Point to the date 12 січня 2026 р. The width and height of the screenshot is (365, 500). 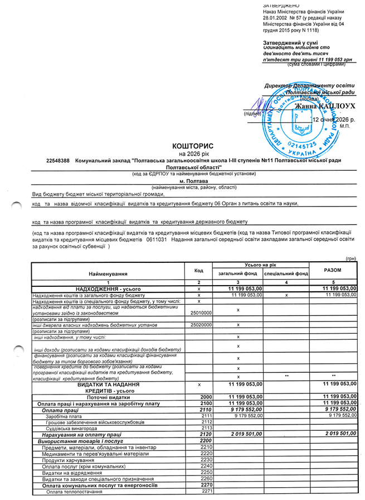point(334,120)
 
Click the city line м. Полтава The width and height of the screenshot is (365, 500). point(193,181)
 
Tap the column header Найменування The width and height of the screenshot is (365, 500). point(108,273)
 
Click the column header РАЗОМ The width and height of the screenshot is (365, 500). point(332,270)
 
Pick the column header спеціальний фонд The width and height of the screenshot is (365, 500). point(286,274)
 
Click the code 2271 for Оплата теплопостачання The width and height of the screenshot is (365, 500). point(207,491)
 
